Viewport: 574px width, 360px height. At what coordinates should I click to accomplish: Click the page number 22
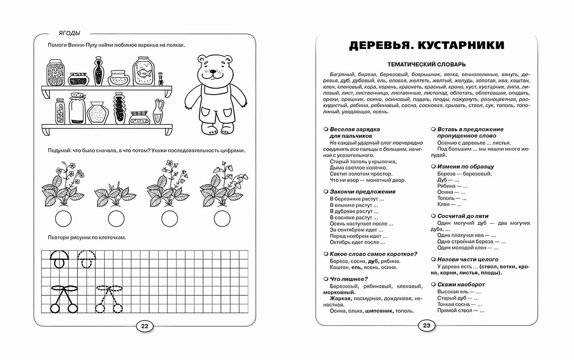click(x=145, y=326)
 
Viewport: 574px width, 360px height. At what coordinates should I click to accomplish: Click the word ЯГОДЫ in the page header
click(x=68, y=33)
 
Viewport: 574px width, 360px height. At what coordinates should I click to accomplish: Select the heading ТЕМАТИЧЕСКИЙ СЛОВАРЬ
click(x=427, y=64)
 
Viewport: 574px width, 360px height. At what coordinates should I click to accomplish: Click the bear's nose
click(x=211, y=72)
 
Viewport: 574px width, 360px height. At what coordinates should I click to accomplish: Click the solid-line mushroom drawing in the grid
click(x=60, y=258)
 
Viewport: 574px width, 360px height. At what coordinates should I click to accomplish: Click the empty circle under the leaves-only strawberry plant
click(x=116, y=218)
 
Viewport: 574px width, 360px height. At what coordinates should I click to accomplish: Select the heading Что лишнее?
click(x=348, y=279)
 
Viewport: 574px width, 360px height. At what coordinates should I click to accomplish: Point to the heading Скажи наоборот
click(x=461, y=285)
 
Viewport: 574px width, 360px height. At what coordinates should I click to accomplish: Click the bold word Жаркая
click(x=340, y=298)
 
